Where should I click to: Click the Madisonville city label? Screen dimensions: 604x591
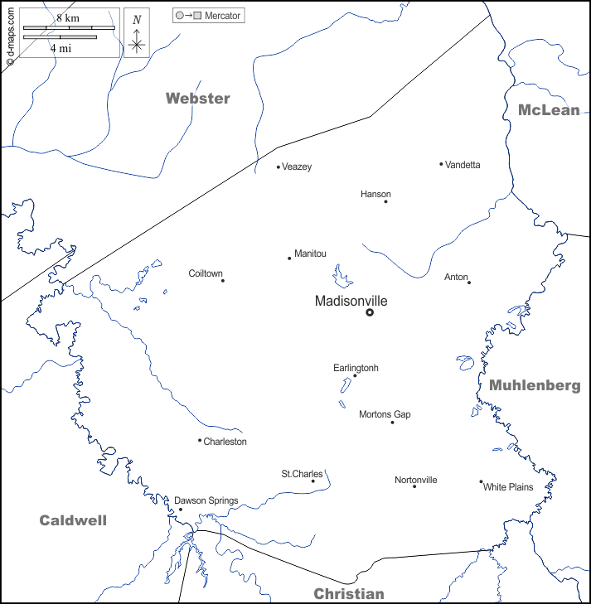point(351,302)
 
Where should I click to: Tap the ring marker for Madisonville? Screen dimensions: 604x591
point(370,312)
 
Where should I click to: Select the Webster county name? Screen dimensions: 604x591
point(197,99)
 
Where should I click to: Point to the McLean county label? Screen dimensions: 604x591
point(549,110)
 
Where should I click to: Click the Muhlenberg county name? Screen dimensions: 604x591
point(534,385)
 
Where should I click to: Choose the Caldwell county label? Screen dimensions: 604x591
point(73,520)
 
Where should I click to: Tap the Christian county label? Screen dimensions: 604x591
point(348,593)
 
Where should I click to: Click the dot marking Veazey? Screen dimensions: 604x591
point(279,167)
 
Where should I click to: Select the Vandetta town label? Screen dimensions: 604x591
point(463,165)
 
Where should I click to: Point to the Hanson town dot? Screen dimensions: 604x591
point(385,201)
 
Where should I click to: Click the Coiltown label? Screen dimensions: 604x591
point(206,273)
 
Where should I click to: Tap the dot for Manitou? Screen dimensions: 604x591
point(289,259)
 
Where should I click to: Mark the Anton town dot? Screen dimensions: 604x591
point(468,283)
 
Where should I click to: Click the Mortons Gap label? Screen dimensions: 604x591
point(385,414)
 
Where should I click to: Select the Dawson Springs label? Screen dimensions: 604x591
point(206,500)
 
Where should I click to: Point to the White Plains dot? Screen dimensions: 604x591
point(481,481)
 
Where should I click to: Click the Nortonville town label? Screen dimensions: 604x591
point(416,480)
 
